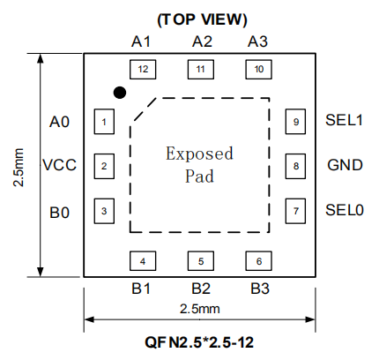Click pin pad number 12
click(x=143, y=70)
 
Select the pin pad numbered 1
click(x=104, y=122)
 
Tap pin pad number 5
click(x=201, y=261)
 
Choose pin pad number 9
click(x=295, y=122)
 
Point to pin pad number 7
click(x=295, y=211)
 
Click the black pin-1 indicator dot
click(x=120, y=93)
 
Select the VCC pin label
click(x=60, y=165)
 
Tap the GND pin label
click(x=345, y=165)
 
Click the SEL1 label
click(x=344, y=120)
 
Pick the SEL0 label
click(x=345, y=210)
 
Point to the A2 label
click(x=202, y=41)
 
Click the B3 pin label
click(x=260, y=289)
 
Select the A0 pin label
click(x=59, y=122)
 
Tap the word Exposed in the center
click(x=199, y=154)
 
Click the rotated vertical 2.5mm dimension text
click(x=19, y=168)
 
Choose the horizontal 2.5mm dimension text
click(x=200, y=309)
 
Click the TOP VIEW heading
click(x=202, y=19)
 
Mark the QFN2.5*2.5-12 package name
click(x=199, y=342)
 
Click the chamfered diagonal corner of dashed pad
click(x=145, y=109)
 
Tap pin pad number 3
click(x=104, y=211)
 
